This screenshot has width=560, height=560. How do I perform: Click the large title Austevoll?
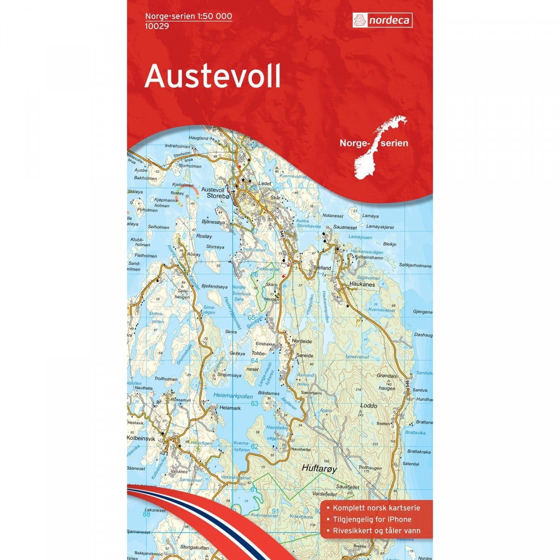click(212, 76)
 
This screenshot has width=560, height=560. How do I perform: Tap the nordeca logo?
click(381, 20)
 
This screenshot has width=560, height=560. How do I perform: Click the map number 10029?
click(157, 25)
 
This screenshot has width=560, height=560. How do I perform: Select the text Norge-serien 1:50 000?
click(189, 16)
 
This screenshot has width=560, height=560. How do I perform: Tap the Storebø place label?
click(218, 197)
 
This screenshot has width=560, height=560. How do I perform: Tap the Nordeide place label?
click(301, 341)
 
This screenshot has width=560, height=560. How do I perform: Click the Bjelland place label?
click(322, 268)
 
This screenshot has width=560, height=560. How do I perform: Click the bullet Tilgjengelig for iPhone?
click(371, 519)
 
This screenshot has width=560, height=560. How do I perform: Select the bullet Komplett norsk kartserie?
click(376, 508)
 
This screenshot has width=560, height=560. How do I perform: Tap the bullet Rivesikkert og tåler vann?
click(376, 531)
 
